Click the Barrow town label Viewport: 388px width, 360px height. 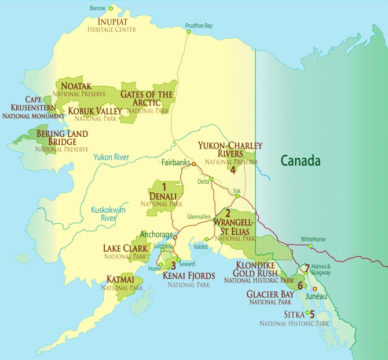click(x=98, y=8)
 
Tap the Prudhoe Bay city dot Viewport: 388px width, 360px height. click(x=188, y=32)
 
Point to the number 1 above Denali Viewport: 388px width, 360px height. click(x=164, y=186)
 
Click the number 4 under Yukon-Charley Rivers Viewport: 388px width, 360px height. click(x=232, y=170)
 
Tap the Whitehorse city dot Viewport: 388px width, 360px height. click(x=310, y=246)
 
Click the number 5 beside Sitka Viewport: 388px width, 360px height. click(x=312, y=315)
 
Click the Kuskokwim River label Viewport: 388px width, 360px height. click(x=104, y=213)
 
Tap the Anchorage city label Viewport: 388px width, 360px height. click(x=156, y=234)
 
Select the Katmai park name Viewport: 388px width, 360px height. click(x=122, y=279)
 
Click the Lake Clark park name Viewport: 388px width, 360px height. click(x=125, y=248)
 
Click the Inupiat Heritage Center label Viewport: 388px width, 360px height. click(x=112, y=24)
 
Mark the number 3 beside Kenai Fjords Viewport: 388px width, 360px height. click(x=173, y=266)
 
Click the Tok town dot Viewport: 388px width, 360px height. click(x=237, y=196)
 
